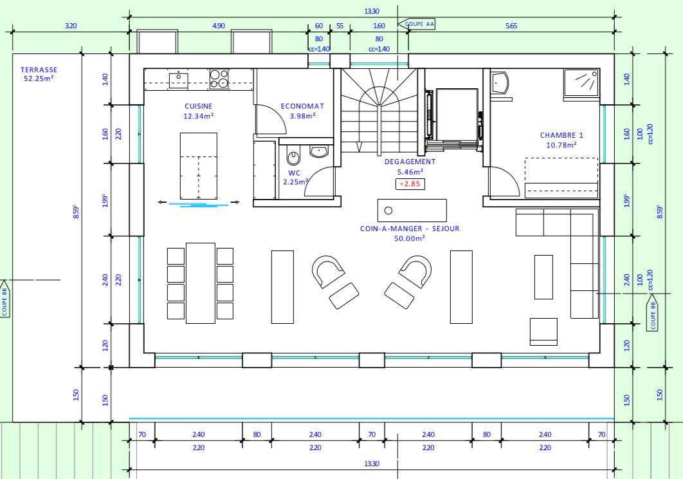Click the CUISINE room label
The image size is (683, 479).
[199, 106]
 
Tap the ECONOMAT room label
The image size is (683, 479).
[302, 106]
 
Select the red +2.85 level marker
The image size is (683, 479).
[410, 183]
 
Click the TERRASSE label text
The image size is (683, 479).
[39, 70]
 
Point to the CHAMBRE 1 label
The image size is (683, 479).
[561, 135]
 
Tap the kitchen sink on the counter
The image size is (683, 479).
[179, 80]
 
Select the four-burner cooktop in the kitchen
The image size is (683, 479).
[219, 79]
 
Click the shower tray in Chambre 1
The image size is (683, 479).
[581, 82]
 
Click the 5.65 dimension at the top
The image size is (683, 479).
[511, 26]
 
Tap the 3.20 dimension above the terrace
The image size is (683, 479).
[71, 26]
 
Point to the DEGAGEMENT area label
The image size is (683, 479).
[410, 162]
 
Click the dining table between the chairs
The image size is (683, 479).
[201, 283]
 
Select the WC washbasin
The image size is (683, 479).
[320, 151]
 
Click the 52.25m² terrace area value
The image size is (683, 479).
[39, 79]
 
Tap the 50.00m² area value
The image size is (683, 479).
[410, 238]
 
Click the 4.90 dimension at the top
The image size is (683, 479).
[219, 26]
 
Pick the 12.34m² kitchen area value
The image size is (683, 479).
[199, 116]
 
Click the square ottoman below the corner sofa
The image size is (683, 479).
[543, 332]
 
